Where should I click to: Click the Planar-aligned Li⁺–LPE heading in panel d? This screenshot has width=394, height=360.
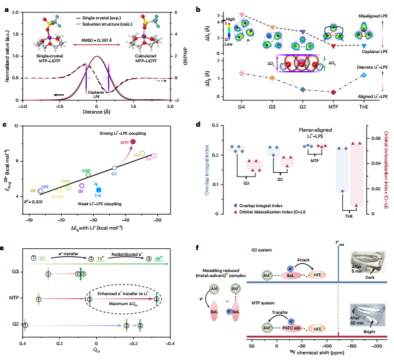[300, 130]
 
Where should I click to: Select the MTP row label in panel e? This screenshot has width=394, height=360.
[16, 299]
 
